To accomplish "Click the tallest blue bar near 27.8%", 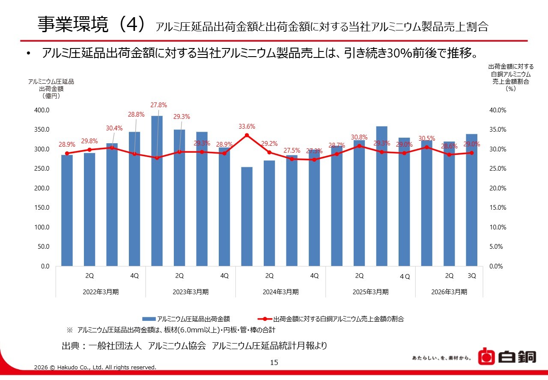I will pos(157,191).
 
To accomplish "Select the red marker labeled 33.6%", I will pos(247,135).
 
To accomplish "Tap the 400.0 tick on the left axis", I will pos(42,110).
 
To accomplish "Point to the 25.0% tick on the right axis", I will pos(498,169).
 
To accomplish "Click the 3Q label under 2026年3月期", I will pos(472,276).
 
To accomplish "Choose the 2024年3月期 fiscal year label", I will pos(280,292).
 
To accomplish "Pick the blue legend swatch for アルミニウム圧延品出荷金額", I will pos(149,319).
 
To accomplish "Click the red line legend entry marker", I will pos(265,319).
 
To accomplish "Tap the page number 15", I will pos(274,362).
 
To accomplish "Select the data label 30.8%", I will pos(359,137).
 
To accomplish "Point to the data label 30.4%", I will pos(114,128).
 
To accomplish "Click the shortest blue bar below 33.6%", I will pos(247,217).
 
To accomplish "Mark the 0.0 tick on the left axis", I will pos(45,266).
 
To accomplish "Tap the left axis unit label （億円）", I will pos(51,96).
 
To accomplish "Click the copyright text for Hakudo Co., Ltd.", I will pos(95,367).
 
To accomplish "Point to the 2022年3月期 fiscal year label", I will pos(101,292).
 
